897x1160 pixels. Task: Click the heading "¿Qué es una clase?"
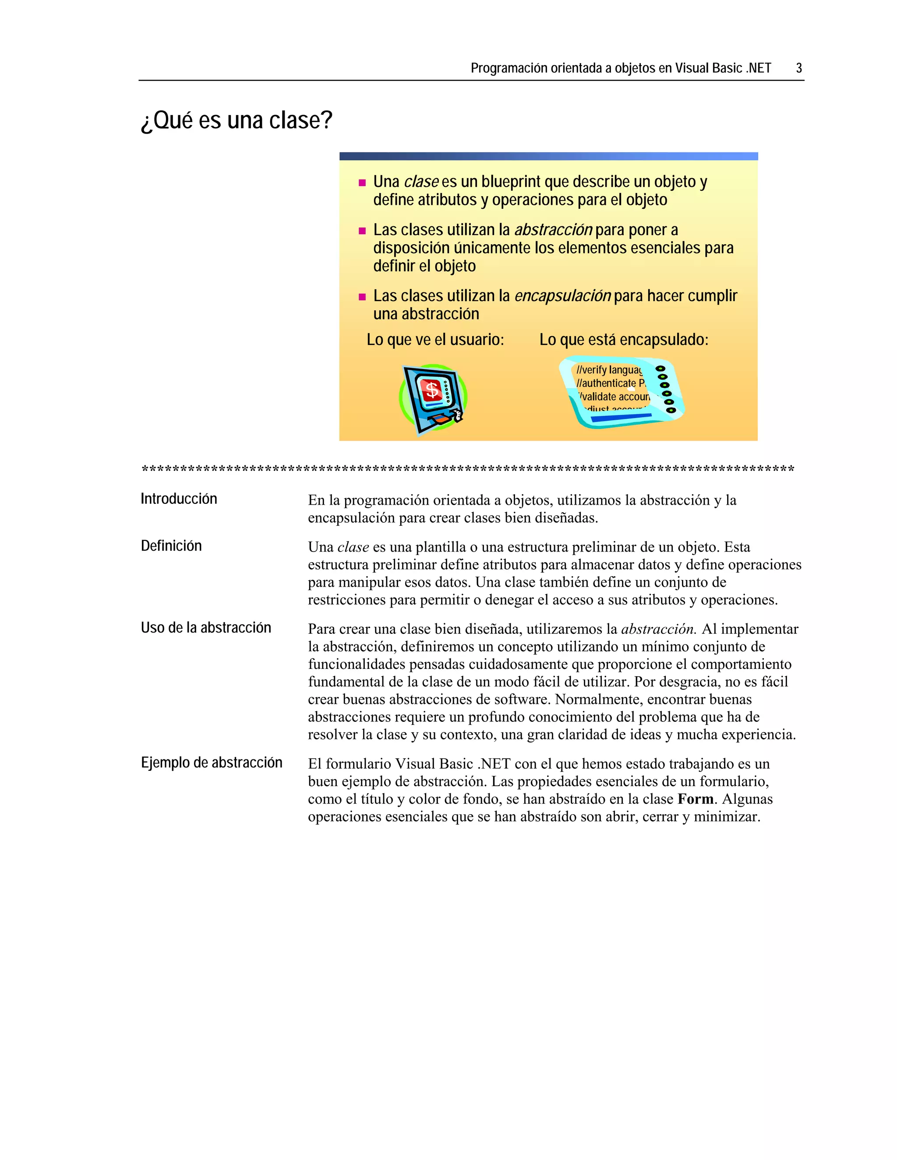pos(237,120)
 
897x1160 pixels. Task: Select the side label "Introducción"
pos(179,499)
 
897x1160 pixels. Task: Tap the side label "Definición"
pos(171,545)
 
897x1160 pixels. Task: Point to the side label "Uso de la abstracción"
pos(206,627)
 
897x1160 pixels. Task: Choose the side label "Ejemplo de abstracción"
pos(212,762)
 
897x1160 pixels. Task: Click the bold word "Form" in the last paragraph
pos(695,799)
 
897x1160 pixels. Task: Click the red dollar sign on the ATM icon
pos(432,390)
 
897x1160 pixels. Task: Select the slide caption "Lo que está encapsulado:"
pos(624,339)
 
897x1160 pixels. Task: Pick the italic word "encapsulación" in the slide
pos(562,296)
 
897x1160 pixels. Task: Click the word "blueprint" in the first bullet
pos(511,182)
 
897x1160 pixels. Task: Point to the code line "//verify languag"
pos(609,370)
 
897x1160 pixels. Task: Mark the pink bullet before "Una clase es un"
pos(362,183)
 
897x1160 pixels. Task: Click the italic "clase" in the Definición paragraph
pos(353,547)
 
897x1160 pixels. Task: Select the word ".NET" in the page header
pos(758,68)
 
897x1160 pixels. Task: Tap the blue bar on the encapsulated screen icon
pos(621,418)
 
